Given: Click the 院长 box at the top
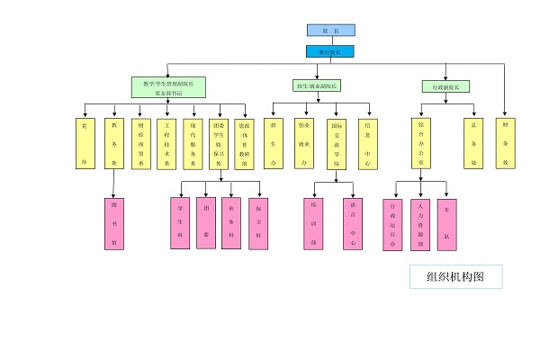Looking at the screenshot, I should click(330, 31).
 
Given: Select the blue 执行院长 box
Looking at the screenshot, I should click(330, 51).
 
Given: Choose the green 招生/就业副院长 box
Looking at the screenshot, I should click(317, 86).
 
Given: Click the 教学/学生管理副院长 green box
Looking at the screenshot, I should click(168, 87).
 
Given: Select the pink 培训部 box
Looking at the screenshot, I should click(312, 222).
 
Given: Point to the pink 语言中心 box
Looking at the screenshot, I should click(353, 222).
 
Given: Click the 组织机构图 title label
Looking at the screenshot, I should click(455, 276).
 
